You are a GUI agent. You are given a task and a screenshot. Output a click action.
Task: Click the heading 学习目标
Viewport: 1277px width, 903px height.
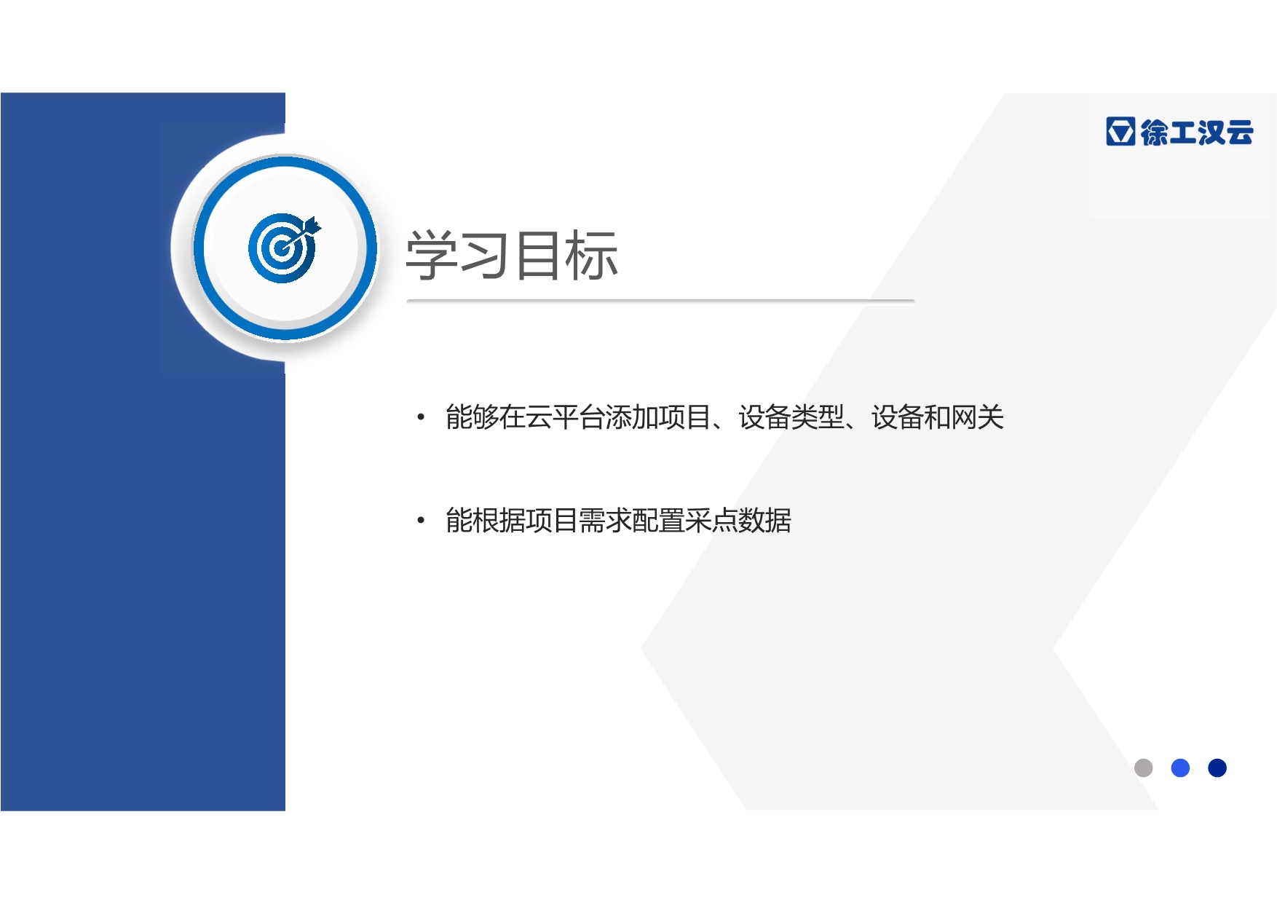tap(512, 255)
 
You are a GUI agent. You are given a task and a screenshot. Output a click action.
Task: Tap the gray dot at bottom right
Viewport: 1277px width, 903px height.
tap(1143, 768)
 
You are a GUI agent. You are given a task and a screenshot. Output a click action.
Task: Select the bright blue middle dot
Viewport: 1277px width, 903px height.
tap(1180, 768)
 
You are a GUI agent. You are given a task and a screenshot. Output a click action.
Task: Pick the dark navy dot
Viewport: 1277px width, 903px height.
tap(1217, 768)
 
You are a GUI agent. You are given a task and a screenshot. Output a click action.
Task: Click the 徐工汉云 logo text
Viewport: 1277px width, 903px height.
tap(1197, 133)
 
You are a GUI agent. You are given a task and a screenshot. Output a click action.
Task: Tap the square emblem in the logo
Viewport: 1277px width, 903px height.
tap(1120, 132)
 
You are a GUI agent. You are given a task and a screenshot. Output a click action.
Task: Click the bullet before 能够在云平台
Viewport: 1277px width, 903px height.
tap(420, 417)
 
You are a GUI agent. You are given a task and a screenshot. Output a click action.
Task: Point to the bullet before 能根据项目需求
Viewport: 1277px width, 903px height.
tap(420, 520)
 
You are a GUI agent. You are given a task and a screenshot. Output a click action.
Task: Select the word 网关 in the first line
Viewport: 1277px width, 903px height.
tap(978, 417)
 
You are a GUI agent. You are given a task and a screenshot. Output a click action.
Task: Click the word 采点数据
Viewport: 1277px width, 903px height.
tap(738, 520)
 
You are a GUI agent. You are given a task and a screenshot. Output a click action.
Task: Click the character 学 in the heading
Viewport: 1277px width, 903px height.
tap(431, 255)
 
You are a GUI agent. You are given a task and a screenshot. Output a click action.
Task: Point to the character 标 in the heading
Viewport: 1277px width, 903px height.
tap(592, 255)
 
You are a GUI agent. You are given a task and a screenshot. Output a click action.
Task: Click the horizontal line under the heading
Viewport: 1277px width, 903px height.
tap(660, 300)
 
